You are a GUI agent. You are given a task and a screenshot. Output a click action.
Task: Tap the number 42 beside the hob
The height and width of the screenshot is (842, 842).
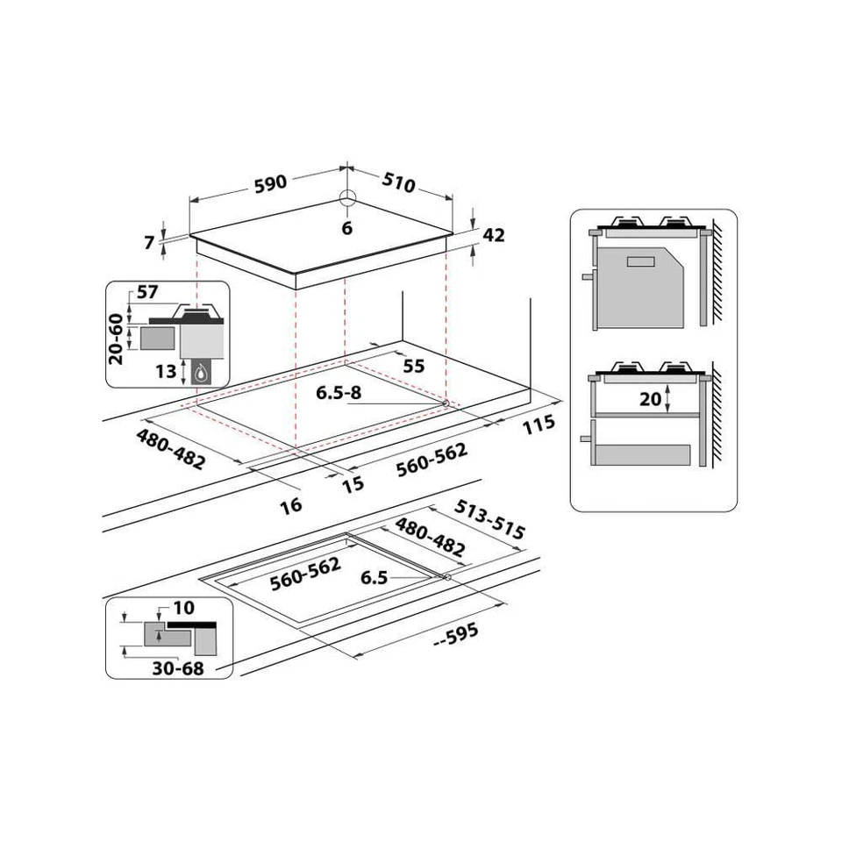[x=494, y=235]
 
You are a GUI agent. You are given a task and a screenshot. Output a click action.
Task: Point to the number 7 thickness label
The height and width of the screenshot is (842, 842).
[x=150, y=241]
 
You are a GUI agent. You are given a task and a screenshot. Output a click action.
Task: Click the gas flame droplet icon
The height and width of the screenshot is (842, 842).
[x=203, y=372]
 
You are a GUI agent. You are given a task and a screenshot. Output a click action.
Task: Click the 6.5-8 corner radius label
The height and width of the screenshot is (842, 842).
[x=339, y=392]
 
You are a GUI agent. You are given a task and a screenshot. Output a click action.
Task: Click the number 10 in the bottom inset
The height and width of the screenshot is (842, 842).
[x=184, y=607]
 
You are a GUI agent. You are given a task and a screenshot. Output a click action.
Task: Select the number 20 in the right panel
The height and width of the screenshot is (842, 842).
[x=650, y=399]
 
